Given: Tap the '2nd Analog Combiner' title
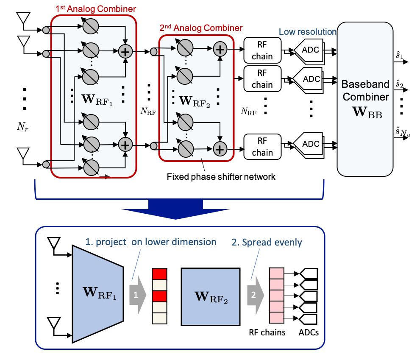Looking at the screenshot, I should click(200, 28).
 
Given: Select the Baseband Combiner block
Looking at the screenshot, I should click(365, 98).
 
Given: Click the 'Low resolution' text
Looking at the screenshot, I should click(307, 32).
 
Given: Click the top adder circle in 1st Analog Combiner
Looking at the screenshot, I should click(125, 52).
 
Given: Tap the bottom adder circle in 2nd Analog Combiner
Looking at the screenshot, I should click(220, 148).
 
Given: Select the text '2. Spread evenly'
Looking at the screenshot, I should click(267, 243).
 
